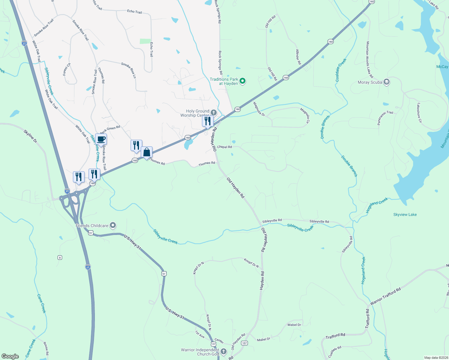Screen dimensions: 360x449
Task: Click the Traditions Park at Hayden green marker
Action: coord(243,81)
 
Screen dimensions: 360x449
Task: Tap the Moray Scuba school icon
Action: coord(387,82)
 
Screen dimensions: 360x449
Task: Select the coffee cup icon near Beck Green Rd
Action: coord(101,139)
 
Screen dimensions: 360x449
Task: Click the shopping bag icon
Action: coord(146,153)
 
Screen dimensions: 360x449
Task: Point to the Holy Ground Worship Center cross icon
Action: coord(214,113)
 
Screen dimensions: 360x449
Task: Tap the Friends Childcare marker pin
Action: coord(113,225)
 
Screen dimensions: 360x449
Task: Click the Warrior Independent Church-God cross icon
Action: coord(223,351)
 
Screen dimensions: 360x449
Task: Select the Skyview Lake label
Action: coord(405,214)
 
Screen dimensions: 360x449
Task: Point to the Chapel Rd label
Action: coord(224,147)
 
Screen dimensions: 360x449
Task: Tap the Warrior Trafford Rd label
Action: coord(385,296)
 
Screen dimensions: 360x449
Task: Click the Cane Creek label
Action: coord(41,304)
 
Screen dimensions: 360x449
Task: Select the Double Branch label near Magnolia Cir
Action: coord(325,127)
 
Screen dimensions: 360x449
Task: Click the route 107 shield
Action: coord(245,343)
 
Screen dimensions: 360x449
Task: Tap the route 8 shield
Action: coord(60,257)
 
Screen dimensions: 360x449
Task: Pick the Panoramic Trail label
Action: coord(385,118)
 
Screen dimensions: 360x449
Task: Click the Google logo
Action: coord(10,356)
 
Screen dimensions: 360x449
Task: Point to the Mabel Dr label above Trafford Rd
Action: coord(294,325)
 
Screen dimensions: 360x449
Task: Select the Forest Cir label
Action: coord(67,69)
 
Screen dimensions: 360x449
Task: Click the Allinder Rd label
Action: coord(298,57)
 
